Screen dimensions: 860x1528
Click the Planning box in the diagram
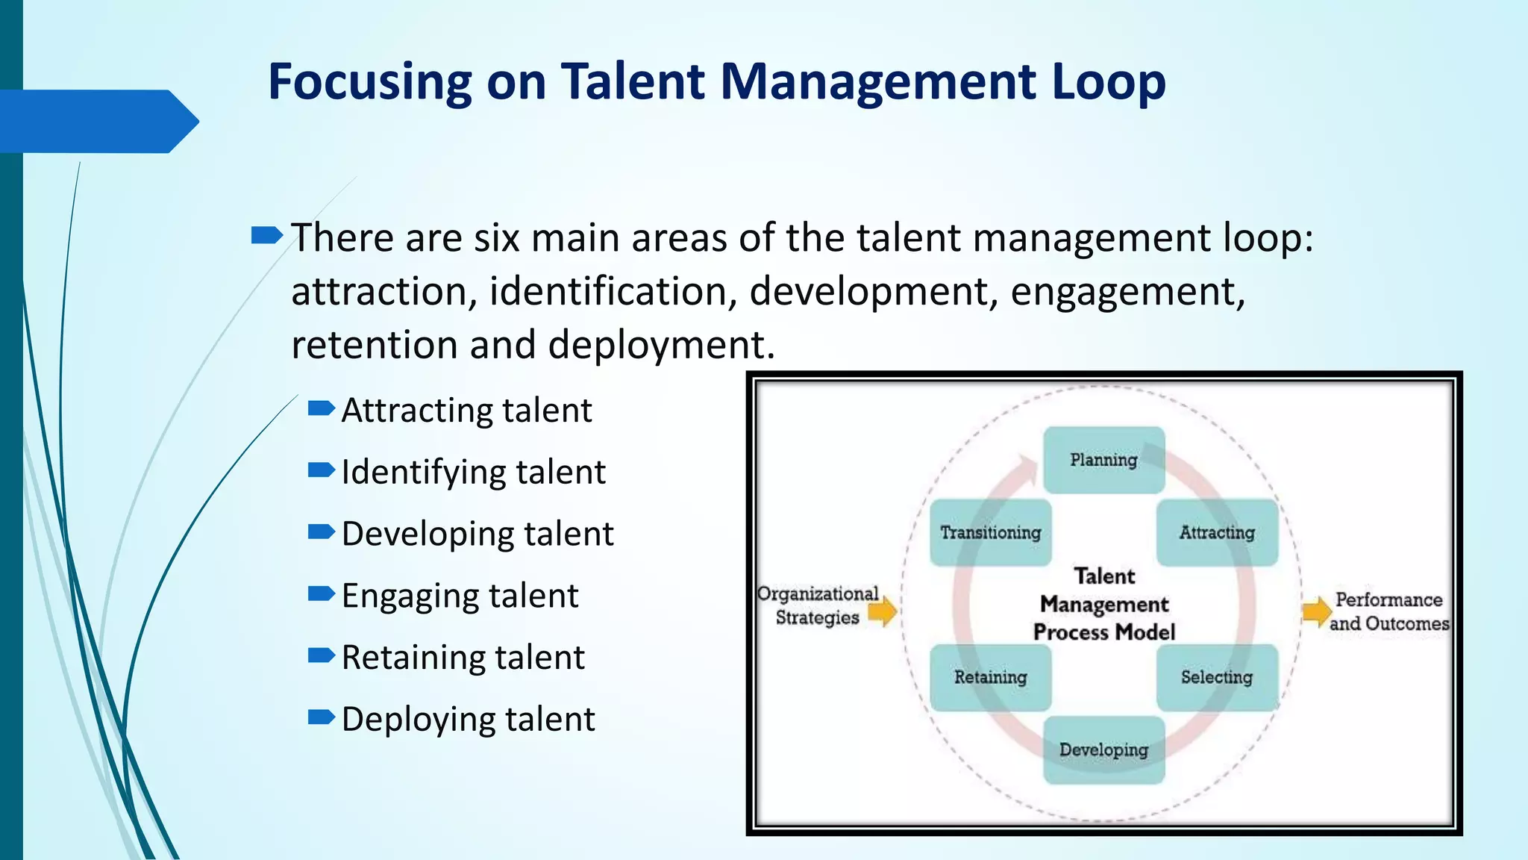[x=1103, y=460]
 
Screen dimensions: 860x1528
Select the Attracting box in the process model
[x=1217, y=532]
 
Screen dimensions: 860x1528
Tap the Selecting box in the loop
[x=1217, y=677]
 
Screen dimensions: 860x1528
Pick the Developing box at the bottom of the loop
[x=1103, y=750]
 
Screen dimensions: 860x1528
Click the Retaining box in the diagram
[x=990, y=677]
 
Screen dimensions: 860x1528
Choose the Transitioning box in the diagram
[x=990, y=532]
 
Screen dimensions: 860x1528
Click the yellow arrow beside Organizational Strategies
[x=883, y=612]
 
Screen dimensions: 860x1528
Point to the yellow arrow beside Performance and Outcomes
[x=1316, y=612]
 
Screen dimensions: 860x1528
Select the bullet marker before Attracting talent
[x=321, y=408]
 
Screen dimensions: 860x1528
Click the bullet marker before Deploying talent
[x=321, y=717]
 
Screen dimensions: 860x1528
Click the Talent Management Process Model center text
[x=1104, y=605]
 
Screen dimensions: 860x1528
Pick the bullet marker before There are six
[x=266, y=237]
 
